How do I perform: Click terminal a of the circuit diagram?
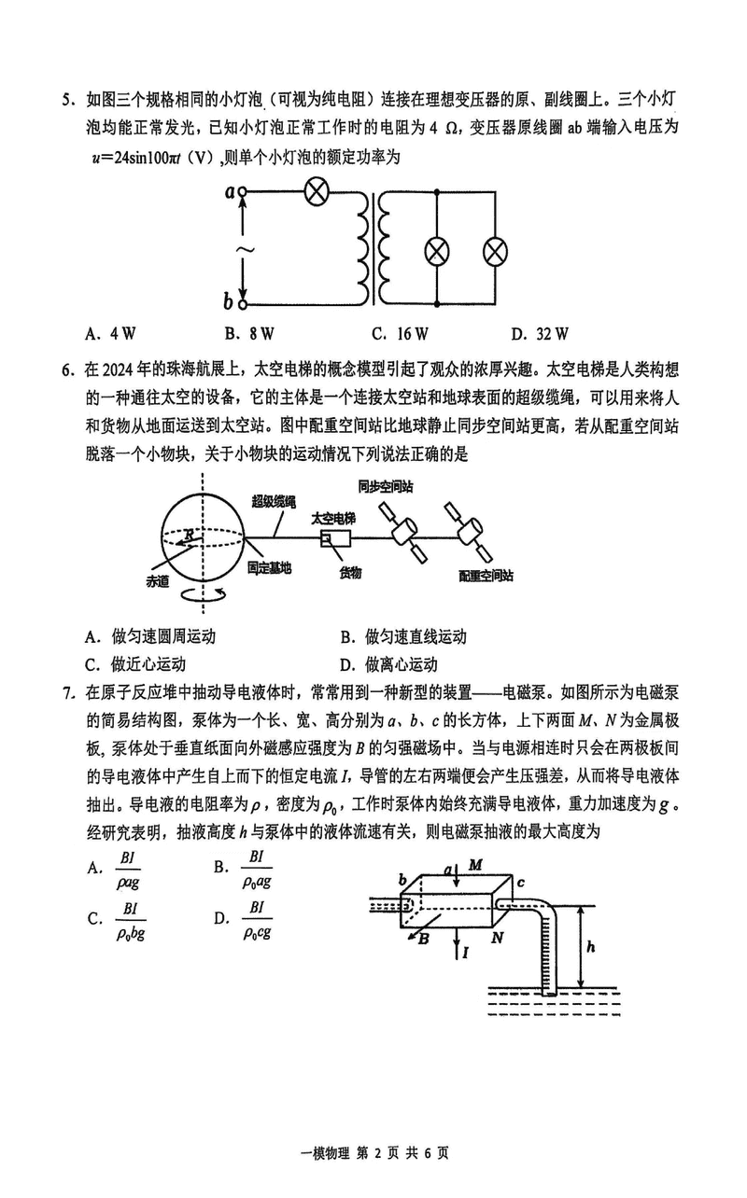tap(244, 193)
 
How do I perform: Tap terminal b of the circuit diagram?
tap(244, 302)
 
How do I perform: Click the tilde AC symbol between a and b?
tap(243, 249)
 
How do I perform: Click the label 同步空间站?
tap(385, 486)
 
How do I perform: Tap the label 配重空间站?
tap(486, 576)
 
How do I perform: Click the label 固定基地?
tap(270, 566)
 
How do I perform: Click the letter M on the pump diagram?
tap(475, 865)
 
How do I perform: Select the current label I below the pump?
tap(465, 952)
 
